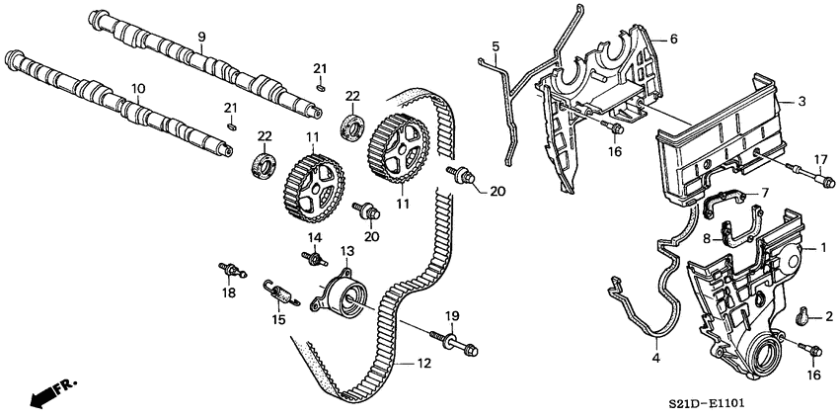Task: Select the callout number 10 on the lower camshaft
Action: click(x=138, y=89)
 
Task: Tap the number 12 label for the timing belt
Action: click(x=422, y=365)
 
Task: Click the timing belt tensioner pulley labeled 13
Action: click(x=342, y=294)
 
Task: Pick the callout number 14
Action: click(x=315, y=238)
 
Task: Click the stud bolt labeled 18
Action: click(x=230, y=268)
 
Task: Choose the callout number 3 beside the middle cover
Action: click(x=802, y=101)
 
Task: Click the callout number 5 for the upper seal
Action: click(x=496, y=45)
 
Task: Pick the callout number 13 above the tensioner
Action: click(x=346, y=251)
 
